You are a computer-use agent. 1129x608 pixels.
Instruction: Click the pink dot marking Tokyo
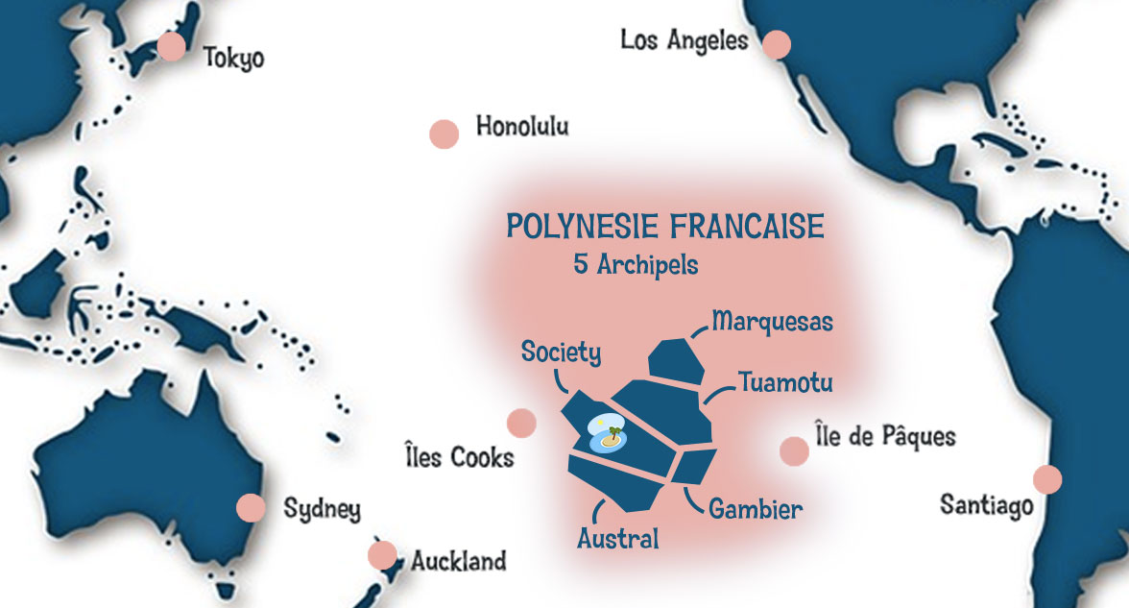coord(172,46)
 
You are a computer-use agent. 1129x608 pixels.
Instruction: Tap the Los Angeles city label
coord(684,40)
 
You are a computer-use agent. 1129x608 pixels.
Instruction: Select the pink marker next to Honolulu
coord(444,134)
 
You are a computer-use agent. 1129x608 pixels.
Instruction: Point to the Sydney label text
coord(322,509)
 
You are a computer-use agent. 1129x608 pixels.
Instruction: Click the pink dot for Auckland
coord(382,555)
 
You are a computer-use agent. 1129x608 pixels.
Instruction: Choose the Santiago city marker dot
coord(1047,479)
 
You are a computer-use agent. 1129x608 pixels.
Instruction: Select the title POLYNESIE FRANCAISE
coord(665,228)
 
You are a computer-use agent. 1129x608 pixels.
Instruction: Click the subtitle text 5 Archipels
coord(636,265)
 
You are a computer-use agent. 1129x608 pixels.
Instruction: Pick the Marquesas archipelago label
coord(772,321)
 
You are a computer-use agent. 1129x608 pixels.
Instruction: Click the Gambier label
coord(755,509)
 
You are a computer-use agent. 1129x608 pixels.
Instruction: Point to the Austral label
coord(618,539)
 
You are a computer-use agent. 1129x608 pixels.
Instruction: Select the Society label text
coord(562,353)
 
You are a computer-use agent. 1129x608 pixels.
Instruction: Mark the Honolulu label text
coord(522,127)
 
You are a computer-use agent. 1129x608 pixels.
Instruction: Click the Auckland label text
coord(458,562)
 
